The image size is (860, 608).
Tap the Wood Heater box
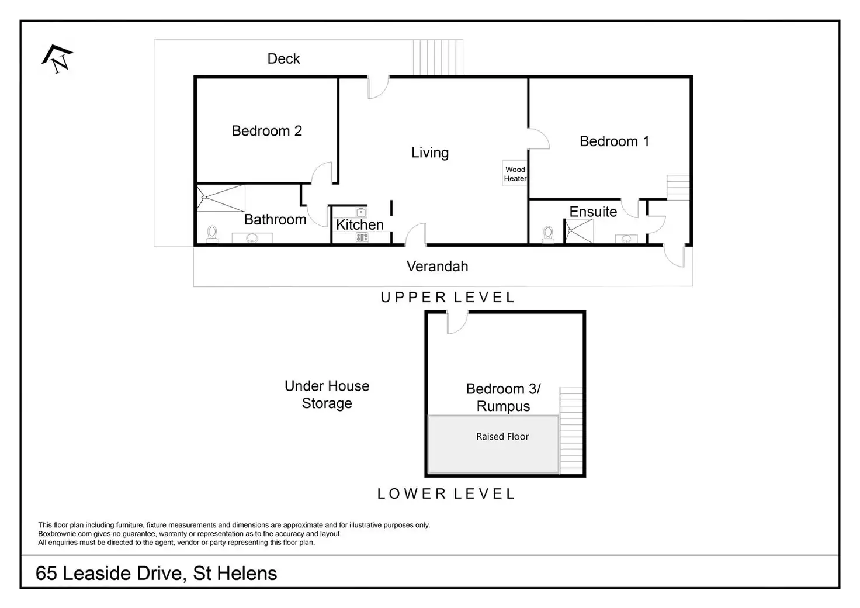[x=515, y=174]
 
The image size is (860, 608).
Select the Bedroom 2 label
[x=267, y=131]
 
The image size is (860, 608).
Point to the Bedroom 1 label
[x=614, y=141]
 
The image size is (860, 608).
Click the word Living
[x=430, y=153]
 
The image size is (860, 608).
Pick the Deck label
[x=283, y=59]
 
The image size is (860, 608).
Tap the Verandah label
[x=437, y=266]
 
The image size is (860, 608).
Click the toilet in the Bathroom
[x=212, y=234]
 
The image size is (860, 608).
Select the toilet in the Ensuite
[x=548, y=234]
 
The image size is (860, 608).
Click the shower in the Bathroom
[x=221, y=198]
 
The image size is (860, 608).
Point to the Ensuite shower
[x=579, y=231]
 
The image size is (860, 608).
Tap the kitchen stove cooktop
[x=362, y=238]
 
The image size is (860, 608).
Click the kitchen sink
[x=361, y=212]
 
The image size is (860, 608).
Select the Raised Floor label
[x=502, y=436]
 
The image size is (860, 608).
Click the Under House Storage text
[x=327, y=395]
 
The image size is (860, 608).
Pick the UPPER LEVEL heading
[x=448, y=298]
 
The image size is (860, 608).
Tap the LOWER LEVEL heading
[x=446, y=493]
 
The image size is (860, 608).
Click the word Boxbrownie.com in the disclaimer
[x=65, y=534]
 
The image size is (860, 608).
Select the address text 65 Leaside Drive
[x=109, y=574]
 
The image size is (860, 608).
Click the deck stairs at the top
[x=438, y=57]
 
